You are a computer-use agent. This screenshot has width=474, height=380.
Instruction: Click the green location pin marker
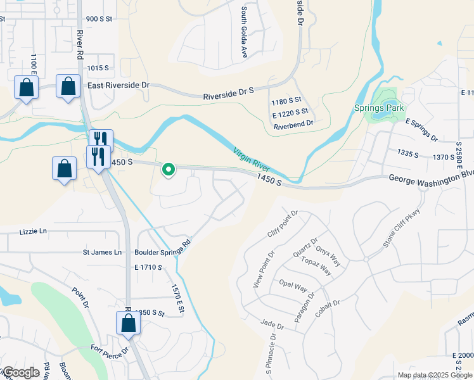tap(169, 170)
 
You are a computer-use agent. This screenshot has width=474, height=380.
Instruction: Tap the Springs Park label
tap(379, 108)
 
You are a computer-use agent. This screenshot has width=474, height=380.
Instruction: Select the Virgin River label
tap(252, 160)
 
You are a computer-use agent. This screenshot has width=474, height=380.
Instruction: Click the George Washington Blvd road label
tap(432, 178)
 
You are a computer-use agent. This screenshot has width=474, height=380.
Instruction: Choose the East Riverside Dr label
tap(118, 85)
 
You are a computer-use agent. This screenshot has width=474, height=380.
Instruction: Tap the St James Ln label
tap(102, 252)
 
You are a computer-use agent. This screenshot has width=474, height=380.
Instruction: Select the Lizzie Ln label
tap(34, 232)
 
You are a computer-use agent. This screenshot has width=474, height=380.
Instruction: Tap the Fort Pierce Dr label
tap(109, 349)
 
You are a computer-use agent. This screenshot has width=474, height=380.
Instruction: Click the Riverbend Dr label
tap(293, 125)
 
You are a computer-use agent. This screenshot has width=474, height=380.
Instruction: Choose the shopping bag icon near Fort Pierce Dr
tap(128, 322)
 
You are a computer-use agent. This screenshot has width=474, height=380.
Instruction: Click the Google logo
tap(20, 372)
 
